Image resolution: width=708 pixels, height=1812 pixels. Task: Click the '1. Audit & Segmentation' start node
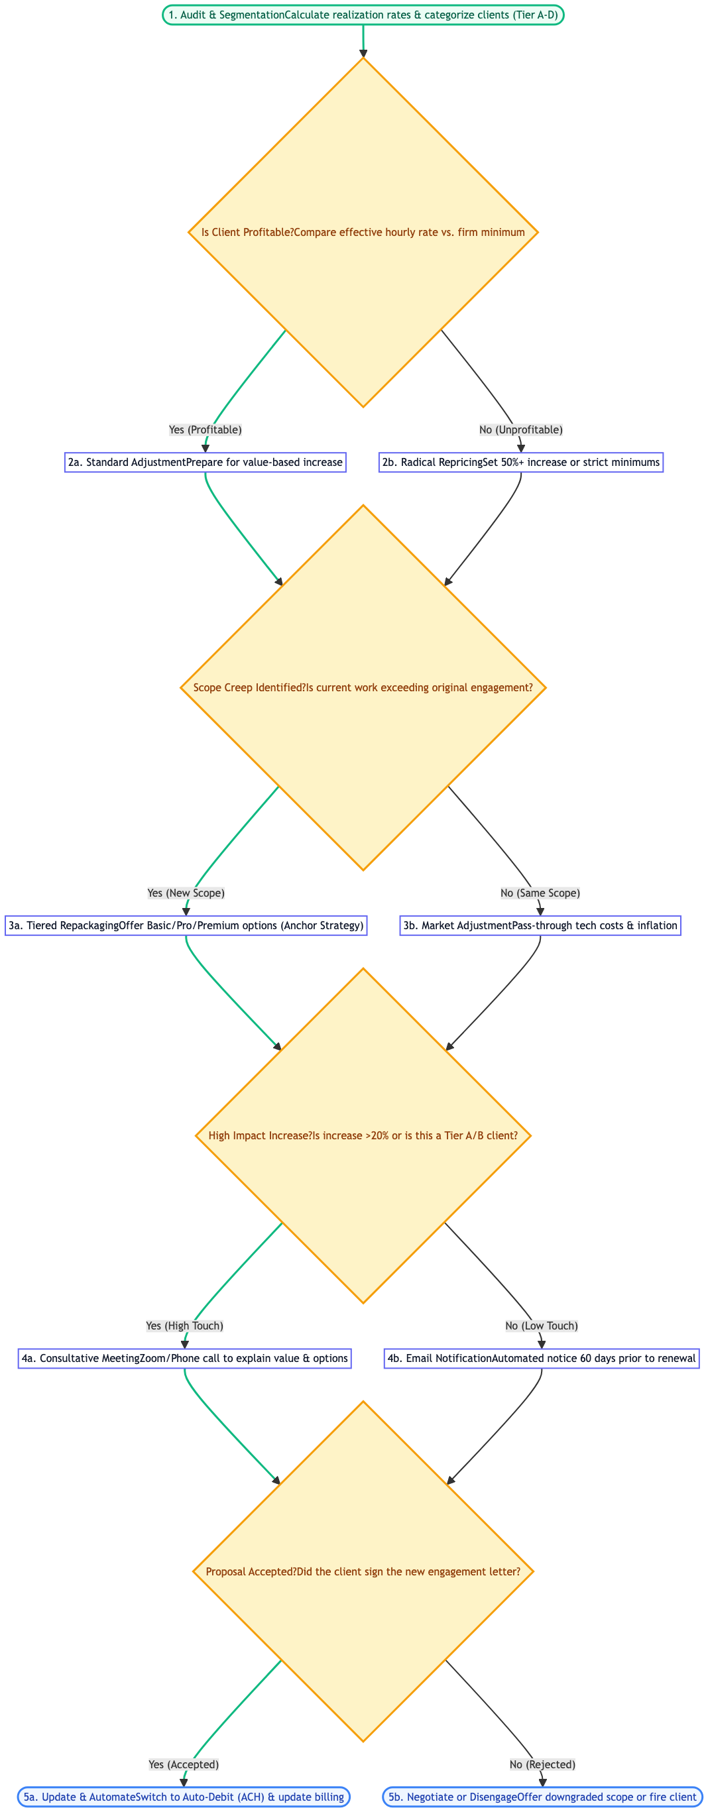363,15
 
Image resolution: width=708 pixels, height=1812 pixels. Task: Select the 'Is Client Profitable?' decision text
363,232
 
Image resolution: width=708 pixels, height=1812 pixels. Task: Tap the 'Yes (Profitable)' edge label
205,429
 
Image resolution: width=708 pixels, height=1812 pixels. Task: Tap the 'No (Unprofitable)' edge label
521,429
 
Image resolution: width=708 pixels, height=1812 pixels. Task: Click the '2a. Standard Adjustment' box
205,462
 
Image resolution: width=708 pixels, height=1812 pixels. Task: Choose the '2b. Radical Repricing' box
521,462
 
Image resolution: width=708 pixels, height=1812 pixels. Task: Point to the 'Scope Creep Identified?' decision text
363,687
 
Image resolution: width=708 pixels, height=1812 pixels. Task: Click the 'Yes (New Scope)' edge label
186,893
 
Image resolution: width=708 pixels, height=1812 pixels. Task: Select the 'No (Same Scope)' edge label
540,893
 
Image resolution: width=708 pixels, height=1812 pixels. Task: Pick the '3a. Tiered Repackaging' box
186,925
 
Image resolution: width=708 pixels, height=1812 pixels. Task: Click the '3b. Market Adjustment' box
540,925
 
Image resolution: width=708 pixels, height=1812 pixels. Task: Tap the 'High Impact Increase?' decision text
363,1135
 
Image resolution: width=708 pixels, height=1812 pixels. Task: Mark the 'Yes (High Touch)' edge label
184,1326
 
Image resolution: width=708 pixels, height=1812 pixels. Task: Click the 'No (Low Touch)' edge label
541,1326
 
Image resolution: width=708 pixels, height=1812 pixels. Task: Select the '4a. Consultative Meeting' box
184,1357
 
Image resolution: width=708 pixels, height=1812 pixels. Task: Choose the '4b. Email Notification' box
541,1357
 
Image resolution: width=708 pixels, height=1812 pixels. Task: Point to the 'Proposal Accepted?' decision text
363,1571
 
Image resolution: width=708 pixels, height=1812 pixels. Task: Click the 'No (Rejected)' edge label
543,1764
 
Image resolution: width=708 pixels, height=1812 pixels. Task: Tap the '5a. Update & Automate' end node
184,1797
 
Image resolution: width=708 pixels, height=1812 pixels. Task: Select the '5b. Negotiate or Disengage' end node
543,1797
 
